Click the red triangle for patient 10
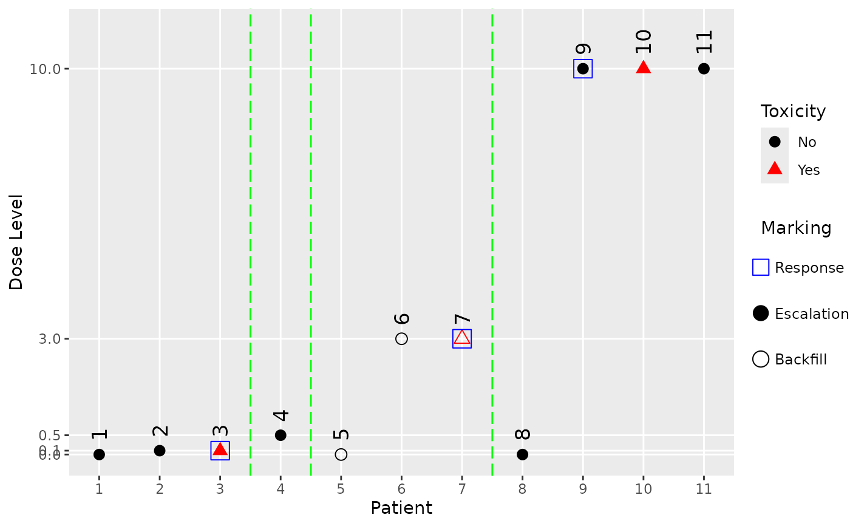point(644,67)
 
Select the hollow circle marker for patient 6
point(401,338)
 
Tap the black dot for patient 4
point(280,435)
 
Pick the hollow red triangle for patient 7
point(462,338)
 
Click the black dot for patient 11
point(704,69)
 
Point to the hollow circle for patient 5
point(341,454)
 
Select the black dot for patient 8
point(522,454)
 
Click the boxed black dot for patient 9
point(583,69)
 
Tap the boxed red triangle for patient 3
point(220,449)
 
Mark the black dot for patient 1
point(100,454)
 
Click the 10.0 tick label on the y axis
point(46,69)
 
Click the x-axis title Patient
point(401,508)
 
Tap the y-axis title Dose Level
point(16,242)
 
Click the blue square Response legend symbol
point(761,267)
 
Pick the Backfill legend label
point(801,360)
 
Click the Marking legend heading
point(796,228)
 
